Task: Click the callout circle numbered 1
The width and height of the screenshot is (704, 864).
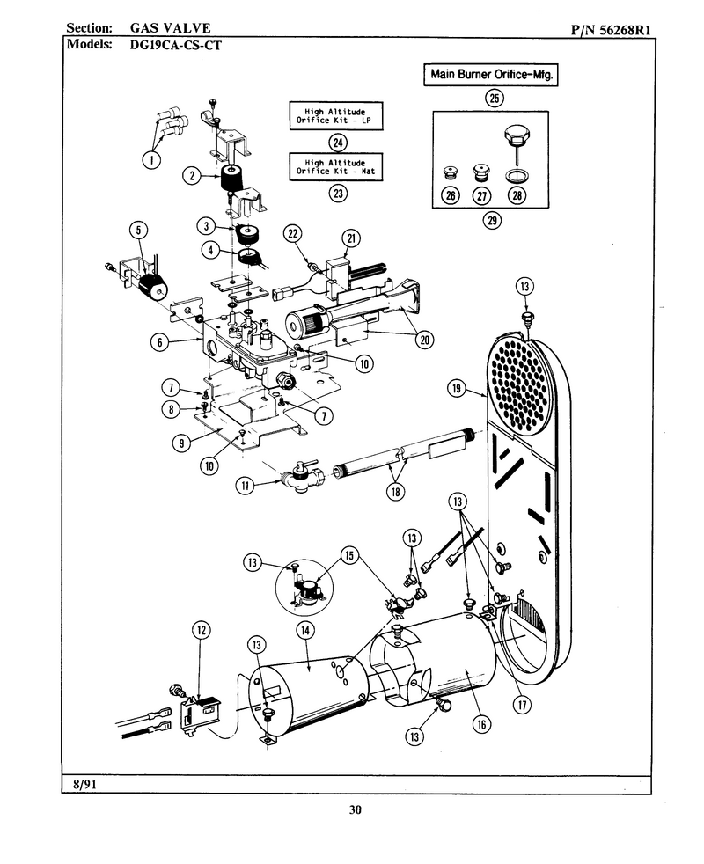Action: tap(151, 159)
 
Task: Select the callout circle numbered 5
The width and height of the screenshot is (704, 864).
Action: tap(138, 230)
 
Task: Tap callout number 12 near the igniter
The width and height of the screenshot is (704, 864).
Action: tap(202, 630)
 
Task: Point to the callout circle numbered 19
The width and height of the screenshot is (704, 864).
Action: tap(457, 389)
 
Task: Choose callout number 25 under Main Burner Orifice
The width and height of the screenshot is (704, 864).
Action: tap(494, 98)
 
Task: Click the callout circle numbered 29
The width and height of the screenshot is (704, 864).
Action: tap(492, 221)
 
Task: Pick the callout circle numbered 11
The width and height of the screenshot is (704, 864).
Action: tap(245, 486)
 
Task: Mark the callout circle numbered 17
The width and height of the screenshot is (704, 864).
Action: tap(522, 704)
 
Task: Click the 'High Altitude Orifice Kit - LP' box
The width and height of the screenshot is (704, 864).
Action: tap(336, 116)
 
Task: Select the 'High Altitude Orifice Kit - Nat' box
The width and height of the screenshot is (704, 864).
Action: tap(336, 166)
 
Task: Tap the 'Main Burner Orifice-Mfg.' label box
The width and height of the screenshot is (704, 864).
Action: tap(491, 75)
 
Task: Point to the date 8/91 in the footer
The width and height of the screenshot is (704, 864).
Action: tap(84, 784)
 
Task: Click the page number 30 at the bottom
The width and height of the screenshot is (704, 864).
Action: tap(355, 809)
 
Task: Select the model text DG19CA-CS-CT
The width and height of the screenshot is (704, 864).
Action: tap(175, 45)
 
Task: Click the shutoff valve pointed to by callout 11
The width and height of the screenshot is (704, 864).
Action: tap(300, 476)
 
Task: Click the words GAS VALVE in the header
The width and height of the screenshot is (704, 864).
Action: tap(171, 28)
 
